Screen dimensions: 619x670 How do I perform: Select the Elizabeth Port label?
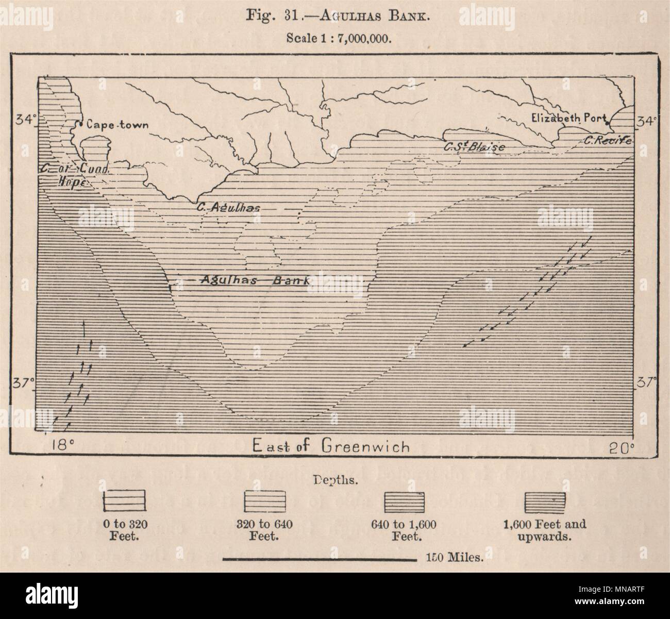coord(568,118)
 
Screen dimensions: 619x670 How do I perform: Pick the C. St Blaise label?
coord(474,147)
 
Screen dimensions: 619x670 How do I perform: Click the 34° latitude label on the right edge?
coord(647,122)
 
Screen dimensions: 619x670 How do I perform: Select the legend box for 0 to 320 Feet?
coord(125,503)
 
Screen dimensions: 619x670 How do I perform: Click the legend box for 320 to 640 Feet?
coord(265,503)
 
